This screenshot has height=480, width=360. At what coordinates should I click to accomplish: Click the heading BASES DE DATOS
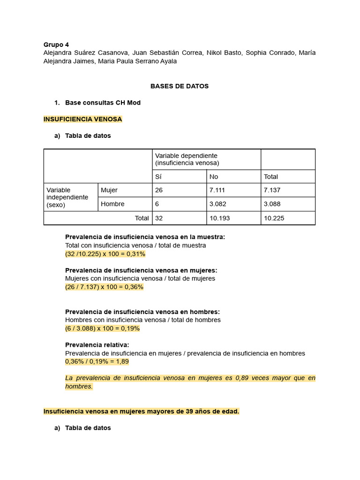coord(180,86)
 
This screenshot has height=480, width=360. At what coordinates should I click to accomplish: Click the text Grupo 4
coord(56,45)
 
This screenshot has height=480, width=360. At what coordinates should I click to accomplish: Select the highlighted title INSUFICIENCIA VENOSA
coord(82,119)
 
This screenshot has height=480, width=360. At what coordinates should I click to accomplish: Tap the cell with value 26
coord(159,190)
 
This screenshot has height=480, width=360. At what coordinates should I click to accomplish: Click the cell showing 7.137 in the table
coord(272,190)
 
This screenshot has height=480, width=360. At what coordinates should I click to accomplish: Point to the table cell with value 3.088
coord(272,204)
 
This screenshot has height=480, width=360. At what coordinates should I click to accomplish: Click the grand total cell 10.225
coord(274,218)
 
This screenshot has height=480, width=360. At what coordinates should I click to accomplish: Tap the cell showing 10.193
coord(220,218)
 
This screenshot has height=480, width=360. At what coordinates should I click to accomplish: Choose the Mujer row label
coord(109,190)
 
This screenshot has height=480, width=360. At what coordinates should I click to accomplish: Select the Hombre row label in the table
coord(112,204)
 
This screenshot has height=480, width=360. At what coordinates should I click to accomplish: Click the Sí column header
coord(158,177)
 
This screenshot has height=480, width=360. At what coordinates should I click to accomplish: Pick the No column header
coord(214,177)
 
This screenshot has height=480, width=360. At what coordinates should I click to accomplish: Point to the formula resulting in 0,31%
coord(105,254)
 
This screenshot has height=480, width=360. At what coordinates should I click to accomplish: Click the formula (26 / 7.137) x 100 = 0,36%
coord(104,287)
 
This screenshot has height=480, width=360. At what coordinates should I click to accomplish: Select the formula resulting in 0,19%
coord(102,328)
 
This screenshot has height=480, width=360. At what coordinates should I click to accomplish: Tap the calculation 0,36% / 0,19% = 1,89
coord(97,361)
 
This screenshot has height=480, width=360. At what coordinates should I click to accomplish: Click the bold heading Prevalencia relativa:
coord(97,345)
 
